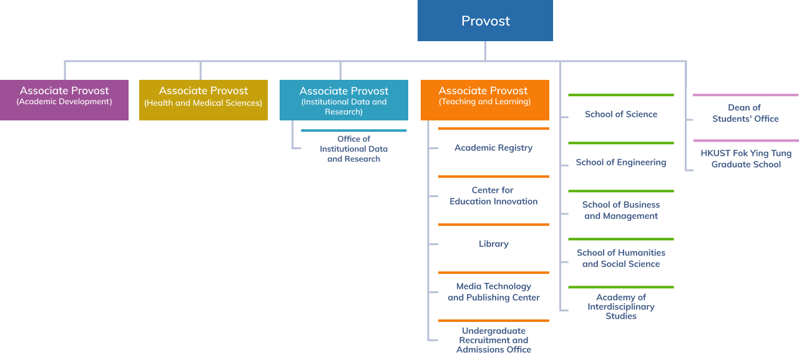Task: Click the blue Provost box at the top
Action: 485,21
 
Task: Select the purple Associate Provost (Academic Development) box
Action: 64,100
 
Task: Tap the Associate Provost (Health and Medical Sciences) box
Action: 203,100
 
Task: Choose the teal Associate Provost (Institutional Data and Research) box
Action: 343,100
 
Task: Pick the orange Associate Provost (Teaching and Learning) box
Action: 484,100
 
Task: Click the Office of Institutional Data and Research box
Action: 353,149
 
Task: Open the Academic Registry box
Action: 493,148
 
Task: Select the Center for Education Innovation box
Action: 493,197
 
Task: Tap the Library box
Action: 493,245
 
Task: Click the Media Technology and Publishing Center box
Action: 493,293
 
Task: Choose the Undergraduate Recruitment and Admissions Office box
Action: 493,341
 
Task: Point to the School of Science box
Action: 620,115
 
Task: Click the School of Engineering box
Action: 620,163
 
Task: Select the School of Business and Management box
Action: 620,211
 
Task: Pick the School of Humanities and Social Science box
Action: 620,259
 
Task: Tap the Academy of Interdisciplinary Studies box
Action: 620,307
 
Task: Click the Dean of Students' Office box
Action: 745,114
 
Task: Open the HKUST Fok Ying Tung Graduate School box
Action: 746,159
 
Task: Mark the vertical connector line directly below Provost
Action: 485,51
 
